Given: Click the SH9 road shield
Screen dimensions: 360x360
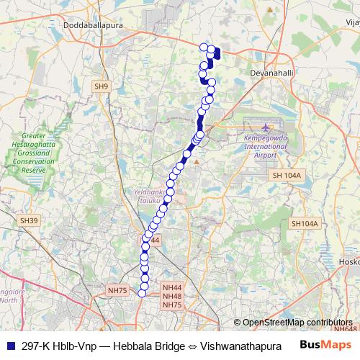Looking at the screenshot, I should point(102,86).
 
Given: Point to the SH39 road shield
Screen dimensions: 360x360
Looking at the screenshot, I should point(28,220).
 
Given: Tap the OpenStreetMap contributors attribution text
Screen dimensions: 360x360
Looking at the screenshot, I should point(297,322).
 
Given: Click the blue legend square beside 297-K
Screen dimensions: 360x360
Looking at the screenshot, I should point(9,344).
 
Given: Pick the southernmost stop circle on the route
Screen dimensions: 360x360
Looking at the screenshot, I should point(143,292).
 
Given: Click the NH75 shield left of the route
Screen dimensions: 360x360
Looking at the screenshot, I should point(117,290).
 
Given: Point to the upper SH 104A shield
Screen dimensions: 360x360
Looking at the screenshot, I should point(288,176).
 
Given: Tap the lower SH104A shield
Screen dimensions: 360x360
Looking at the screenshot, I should point(304,224).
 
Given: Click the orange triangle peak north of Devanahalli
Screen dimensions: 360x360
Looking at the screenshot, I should point(270,10).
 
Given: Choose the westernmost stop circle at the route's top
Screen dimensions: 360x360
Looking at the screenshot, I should point(203,48).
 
